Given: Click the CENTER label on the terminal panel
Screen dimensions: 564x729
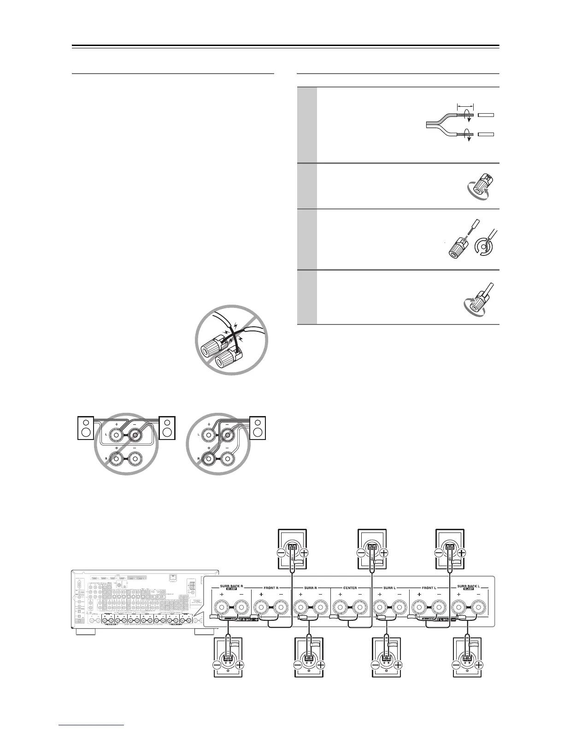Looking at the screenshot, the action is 350,588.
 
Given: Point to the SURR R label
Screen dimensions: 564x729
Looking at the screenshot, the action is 311,588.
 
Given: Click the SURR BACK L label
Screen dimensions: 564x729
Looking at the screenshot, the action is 469,587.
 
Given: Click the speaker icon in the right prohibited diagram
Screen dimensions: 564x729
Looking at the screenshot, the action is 258,427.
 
